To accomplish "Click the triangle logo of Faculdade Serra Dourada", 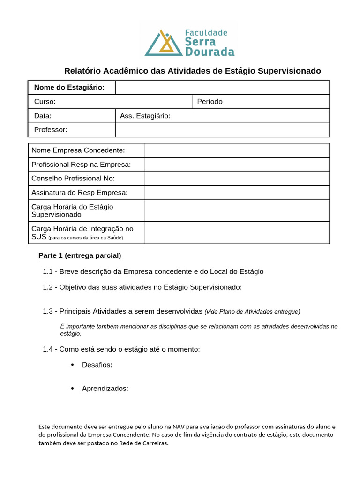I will tap(164, 44).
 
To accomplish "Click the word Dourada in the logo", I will tap(210, 52).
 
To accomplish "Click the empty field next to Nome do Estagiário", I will tap(222, 88).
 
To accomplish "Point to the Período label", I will tap(210, 102).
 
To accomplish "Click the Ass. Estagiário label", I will tap(145, 116).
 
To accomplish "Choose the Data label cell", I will tap(43, 116).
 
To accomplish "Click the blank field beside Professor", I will tap(222, 130).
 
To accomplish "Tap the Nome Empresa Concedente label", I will tap(78, 150).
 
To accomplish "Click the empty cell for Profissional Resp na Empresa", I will tap(237, 165).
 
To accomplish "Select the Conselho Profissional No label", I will tap(73, 179).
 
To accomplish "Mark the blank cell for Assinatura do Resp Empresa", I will tap(237, 193).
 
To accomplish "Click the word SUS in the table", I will tap(38, 237).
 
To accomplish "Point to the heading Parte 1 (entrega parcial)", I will tap(80, 255).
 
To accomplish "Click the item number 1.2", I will tap(48, 287).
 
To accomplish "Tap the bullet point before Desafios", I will tap(72, 365).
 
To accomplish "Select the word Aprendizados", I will tap(105, 388).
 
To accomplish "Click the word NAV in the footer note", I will tap(179, 427).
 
